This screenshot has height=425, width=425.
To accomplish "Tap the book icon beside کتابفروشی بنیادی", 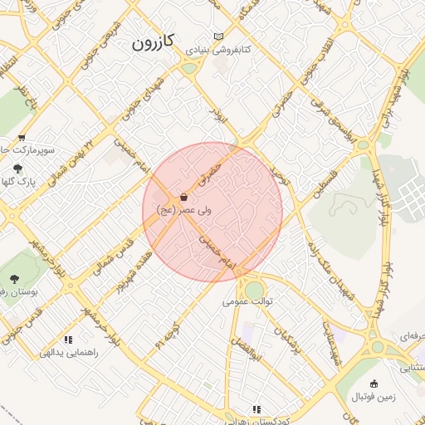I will pyautogui.click(x=218, y=37).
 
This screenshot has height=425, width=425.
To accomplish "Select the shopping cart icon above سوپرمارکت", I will pyautogui.click(x=22, y=138).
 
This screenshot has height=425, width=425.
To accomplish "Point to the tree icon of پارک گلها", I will pyautogui.click(x=18, y=168).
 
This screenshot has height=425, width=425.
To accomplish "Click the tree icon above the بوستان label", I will pyautogui.click(x=13, y=279).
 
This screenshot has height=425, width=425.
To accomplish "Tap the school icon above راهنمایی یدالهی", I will pyautogui.click(x=68, y=340).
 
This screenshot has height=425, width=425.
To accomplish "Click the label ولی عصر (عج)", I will pyautogui.click(x=183, y=211).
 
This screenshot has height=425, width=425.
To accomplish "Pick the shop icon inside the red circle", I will pyautogui.click(x=183, y=198).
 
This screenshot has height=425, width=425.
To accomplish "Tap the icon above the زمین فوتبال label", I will pyautogui.click(x=374, y=383).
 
